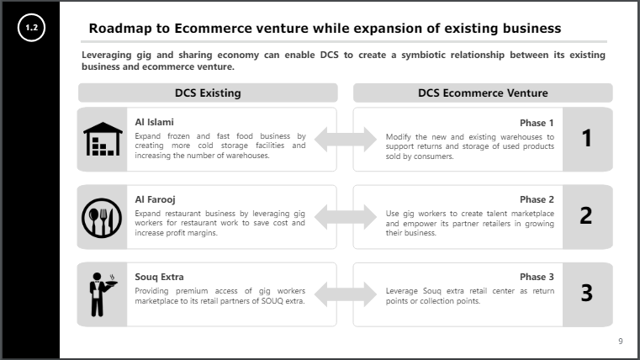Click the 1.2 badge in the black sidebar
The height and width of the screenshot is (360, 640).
click(32, 29)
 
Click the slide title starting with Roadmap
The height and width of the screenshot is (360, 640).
click(325, 29)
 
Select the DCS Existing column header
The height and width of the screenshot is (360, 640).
click(208, 93)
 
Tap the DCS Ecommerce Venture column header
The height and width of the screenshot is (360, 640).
click(483, 93)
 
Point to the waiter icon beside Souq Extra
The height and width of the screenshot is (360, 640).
click(101, 294)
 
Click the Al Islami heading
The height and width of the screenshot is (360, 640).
click(154, 122)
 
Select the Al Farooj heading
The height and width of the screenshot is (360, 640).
click(155, 199)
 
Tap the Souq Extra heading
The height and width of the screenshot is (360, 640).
click(159, 277)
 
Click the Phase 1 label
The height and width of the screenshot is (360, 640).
click(537, 123)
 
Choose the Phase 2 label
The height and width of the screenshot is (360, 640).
click(537, 200)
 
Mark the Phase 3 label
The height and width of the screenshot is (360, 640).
click(537, 277)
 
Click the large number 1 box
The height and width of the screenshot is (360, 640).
click(587, 139)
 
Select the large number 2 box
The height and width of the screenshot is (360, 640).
click(587, 216)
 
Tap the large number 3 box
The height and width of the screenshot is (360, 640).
click(587, 294)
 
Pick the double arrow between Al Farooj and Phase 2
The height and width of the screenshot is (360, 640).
click(345, 217)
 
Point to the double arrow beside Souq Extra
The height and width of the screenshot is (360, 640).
click(345, 294)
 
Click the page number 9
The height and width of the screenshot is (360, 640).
click(620, 341)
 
